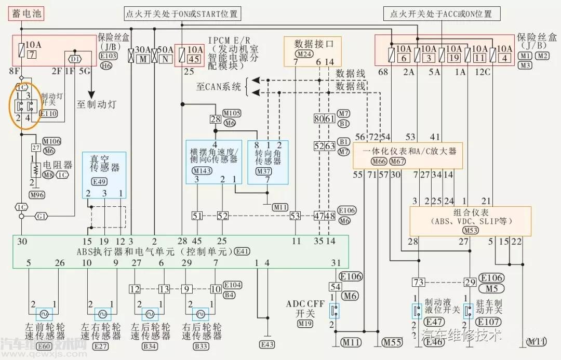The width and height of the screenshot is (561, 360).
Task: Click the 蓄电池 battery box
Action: [25, 13]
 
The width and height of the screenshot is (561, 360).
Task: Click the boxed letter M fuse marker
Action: [142, 60]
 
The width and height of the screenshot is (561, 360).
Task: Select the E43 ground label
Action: [268, 345]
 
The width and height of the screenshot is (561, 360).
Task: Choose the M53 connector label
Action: [471, 231]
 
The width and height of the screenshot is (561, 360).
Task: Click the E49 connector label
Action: [99, 181]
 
